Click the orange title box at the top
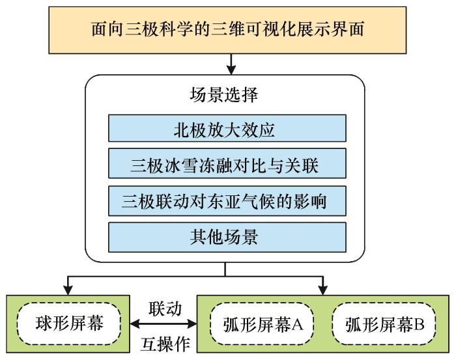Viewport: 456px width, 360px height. pos(227,30)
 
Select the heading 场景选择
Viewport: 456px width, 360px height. pos(224,95)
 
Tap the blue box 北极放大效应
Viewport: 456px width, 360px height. pos(227,128)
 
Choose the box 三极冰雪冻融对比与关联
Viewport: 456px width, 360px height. pos(227,163)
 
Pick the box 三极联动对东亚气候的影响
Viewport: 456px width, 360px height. pos(227,201)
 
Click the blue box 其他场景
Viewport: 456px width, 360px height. pos(227,237)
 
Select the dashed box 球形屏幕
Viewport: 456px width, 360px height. pos(69,324)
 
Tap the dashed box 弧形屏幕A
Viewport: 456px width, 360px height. pos(262,324)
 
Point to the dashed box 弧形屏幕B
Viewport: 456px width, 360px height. pos(384,324)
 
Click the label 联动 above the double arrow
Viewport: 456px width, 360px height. pos(165,309)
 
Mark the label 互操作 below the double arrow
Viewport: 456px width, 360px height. pos(165,344)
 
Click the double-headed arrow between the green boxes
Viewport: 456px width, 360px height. pos(164,324)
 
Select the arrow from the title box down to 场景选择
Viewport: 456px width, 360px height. pos(231,64)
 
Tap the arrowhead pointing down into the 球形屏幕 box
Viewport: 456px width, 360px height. pos(68,290)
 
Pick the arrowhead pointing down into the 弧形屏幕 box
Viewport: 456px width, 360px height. pos(323,290)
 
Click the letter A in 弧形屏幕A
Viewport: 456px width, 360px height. pos(297,324)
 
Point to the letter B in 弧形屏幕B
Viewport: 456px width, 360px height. pos(419,324)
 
